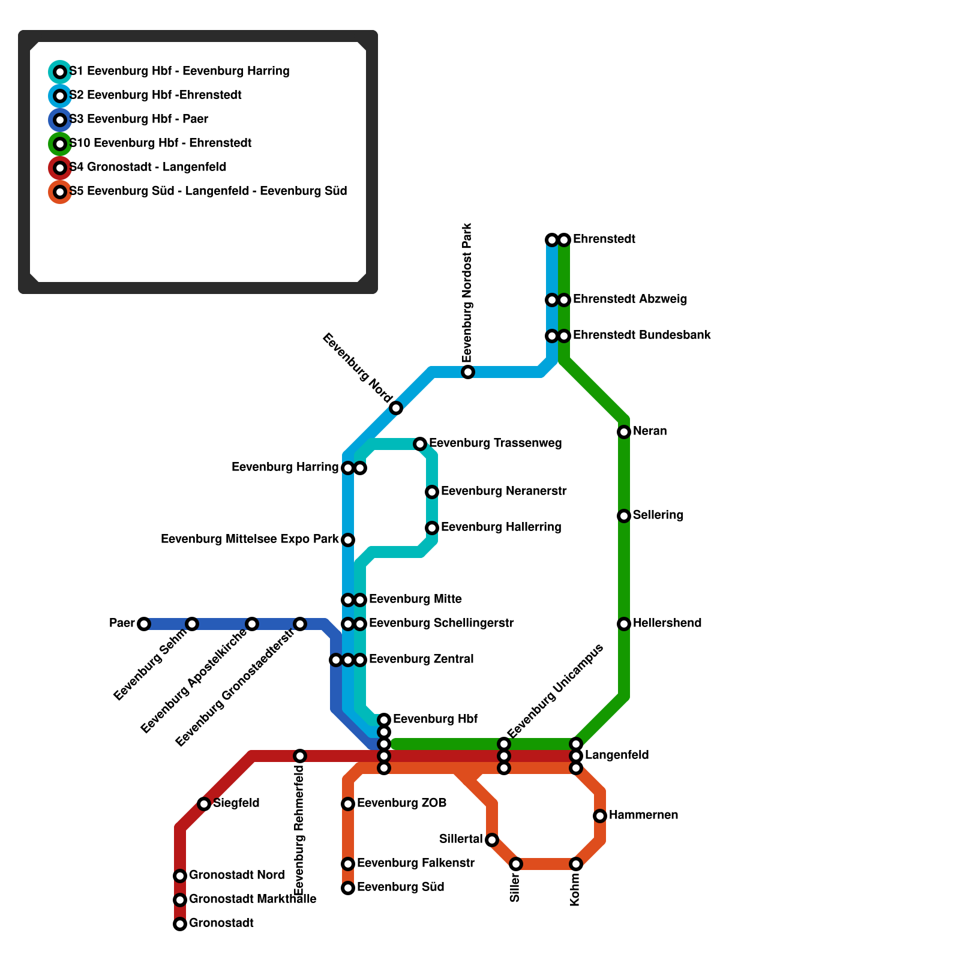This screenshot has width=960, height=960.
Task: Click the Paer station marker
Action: [144, 624]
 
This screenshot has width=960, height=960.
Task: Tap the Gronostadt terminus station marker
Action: [180, 924]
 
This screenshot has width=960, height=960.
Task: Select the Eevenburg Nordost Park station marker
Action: [468, 372]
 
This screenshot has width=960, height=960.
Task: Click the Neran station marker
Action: [624, 432]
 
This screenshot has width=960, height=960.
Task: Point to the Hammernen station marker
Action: [600, 816]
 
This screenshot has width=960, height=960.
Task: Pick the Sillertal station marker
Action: [492, 840]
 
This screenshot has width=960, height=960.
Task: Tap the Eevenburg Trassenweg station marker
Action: [420, 444]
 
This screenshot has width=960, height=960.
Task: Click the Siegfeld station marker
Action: [204, 804]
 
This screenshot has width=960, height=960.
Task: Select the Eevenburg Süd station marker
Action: [348, 888]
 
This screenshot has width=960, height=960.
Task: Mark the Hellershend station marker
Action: [624, 624]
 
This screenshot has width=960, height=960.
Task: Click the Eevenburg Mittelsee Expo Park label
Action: [250, 539]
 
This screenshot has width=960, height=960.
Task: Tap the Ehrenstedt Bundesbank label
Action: [641, 335]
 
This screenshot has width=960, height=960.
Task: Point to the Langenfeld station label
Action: [617, 755]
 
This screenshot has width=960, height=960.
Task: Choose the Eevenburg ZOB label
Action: [401, 803]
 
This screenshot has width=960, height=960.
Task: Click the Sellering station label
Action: [658, 515]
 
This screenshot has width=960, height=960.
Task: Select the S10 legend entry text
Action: [160, 143]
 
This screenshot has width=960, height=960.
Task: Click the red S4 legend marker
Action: [60, 168]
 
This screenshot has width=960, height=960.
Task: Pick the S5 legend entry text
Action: [208, 191]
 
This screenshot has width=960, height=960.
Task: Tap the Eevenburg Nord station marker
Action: [396, 408]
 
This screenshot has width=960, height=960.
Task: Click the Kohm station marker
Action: [576, 864]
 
